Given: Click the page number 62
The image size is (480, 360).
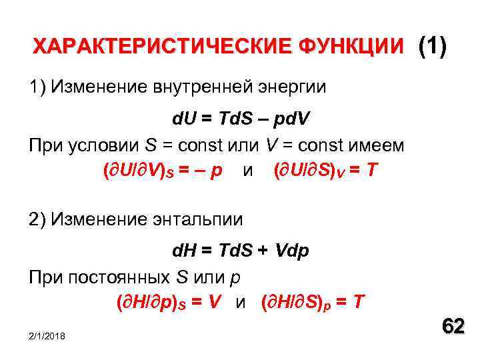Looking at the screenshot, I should coord(453,327).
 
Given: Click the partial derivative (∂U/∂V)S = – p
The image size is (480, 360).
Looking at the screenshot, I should coord(162,171).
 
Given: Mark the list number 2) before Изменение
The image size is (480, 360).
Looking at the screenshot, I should coord(37,219).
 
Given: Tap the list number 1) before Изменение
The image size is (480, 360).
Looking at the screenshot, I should coord(37,87).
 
